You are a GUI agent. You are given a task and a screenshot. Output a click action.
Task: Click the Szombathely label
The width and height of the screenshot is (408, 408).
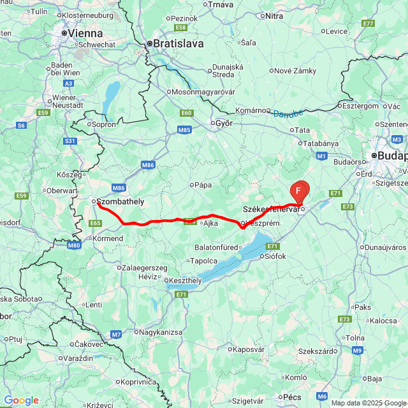120,201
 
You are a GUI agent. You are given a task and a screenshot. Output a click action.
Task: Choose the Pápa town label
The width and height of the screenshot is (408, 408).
203,185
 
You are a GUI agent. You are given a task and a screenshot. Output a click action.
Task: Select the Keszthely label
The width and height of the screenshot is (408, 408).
185,280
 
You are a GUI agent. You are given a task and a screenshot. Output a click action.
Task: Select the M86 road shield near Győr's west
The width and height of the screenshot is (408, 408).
148,165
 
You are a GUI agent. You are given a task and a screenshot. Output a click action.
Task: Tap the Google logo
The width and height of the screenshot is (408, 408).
22,400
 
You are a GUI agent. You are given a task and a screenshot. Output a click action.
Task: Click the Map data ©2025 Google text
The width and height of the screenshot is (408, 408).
368,403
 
